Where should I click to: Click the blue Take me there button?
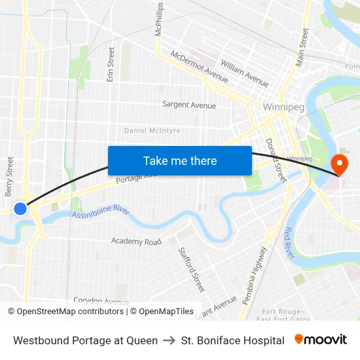(180, 160)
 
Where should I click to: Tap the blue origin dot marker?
(20, 208)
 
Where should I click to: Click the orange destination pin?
(340, 164)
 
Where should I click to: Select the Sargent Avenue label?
(189, 105)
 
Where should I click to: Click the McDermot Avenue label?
(199, 67)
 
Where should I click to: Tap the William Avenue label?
(245, 73)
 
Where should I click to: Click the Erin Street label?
(111, 64)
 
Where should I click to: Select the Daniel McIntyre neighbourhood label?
(152, 130)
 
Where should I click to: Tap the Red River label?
(289, 242)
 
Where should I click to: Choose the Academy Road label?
(136, 241)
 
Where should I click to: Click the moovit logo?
(320, 340)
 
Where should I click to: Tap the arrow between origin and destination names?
(169, 340)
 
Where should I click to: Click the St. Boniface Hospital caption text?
(232, 340)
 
